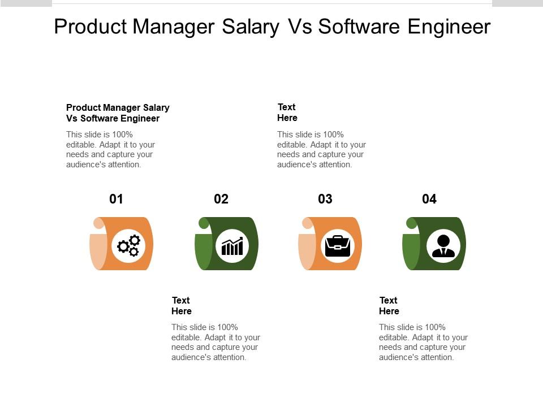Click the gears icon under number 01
(x=128, y=245)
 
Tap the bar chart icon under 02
(x=232, y=246)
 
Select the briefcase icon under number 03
(x=337, y=245)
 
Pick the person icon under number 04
(x=443, y=246)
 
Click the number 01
(x=116, y=199)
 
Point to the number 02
(x=221, y=199)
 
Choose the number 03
(x=325, y=199)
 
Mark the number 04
(x=429, y=199)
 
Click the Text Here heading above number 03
(x=287, y=112)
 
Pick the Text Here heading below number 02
(x=182, y=306)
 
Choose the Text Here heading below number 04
(x=389, y=306)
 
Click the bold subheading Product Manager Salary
(x=118, y=107)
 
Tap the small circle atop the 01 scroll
(x=99, y=223)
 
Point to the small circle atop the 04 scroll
(x=412, y=223)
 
